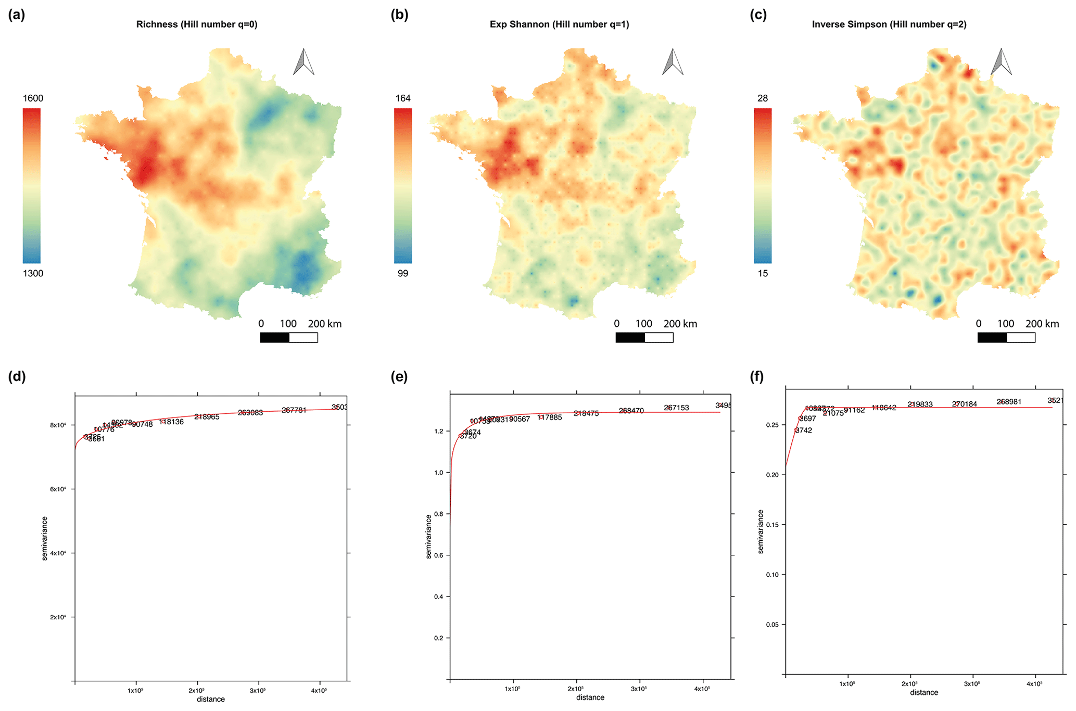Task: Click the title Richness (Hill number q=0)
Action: coord(197,24)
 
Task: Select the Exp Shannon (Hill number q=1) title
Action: coord(559,24)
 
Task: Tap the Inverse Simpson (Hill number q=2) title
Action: coord(889,24)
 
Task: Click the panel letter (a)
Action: coord(17,15)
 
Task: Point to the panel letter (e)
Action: coord(399,377)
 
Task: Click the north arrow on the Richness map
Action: coord(303,62)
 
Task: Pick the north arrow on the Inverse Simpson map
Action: coord(1001,62)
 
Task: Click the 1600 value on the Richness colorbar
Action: coord(33,98)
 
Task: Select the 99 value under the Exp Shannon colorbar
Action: coord(403,273)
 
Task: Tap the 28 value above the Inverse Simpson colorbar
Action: coord(763,98)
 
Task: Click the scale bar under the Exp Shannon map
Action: coord(644,338)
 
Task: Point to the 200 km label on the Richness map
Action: coord(325,324)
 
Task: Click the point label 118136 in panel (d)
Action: coord(172,422)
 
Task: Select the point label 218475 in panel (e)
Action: coord(586,413)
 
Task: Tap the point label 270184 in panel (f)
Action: coord(965,404)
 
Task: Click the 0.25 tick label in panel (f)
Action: coord(772,425)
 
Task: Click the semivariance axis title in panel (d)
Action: coord(45,538)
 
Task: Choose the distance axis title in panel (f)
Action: coord(924,692)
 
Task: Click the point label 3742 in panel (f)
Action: coord(804,430)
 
